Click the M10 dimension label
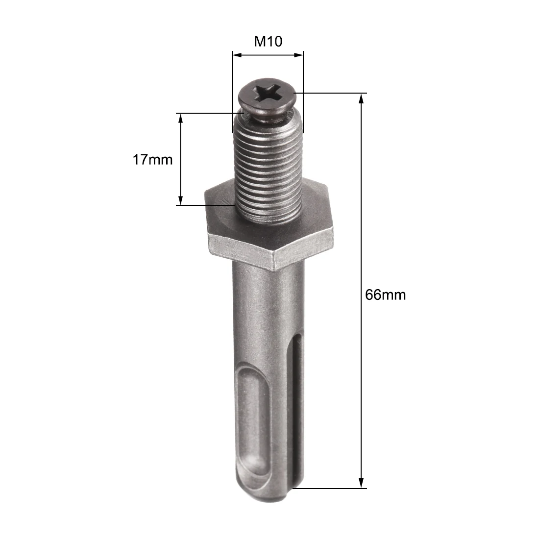click(x=268, y=41)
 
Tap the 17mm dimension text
click(x=153, y=159)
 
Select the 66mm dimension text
click(x=386, y=295)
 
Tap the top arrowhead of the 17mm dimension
click(x=181, y=119)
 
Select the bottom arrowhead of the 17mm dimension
click(x=181, y=200)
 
